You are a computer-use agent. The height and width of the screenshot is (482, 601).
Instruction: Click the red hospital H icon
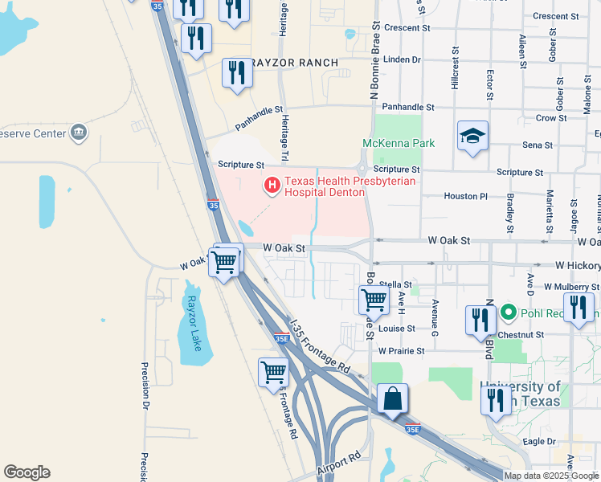point(272,186)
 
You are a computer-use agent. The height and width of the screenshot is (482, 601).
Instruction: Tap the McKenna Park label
point(399,143)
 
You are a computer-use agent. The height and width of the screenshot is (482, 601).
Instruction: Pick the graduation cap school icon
point(473,137)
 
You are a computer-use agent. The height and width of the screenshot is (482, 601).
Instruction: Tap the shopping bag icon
point(391,399)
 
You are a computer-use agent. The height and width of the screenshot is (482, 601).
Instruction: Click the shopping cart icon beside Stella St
point(374,300)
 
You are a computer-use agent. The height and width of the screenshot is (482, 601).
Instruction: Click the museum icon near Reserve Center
point(79,133)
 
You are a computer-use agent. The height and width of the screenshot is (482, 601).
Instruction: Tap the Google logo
point(27,472)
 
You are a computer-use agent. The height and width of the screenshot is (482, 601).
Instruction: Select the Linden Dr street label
point(403,59)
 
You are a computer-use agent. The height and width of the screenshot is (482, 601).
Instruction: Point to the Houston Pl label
point(465,196)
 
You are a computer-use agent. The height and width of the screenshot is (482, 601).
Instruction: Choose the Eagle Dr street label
point(539,442)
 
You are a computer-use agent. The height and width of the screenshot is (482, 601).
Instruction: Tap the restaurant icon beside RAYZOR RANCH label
point(237,73)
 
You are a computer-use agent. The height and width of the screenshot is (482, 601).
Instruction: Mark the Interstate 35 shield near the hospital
point(213,206)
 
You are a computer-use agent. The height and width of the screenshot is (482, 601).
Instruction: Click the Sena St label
point(538,145)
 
